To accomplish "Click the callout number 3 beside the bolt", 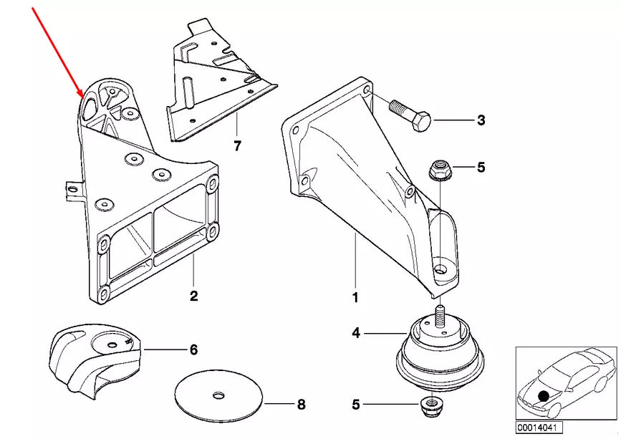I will click(481, 120).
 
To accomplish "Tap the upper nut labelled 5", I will click(438, 170).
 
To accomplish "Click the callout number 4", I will click(356, 332).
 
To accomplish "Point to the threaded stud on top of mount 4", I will click(438, 316).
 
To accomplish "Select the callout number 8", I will click(301, 405).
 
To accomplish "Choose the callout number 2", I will click(193, 294).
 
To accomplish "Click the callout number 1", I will click(355, 295).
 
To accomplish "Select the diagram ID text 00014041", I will click(535, 428).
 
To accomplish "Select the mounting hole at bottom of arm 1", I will click(441, 270).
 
